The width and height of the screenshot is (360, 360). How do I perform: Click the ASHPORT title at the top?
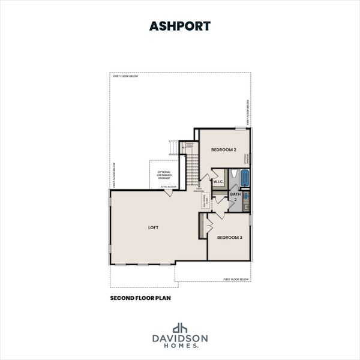click(x=179, y=26)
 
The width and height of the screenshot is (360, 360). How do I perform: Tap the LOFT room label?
click(x=153, y=227)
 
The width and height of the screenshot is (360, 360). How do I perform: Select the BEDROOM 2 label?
click(x=224, y=149)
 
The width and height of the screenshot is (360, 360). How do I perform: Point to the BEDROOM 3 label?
click(x=229, y=238)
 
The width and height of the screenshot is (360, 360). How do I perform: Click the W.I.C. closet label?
click(x=218, y=182)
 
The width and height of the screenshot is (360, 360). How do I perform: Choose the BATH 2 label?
click(x=235, y=196)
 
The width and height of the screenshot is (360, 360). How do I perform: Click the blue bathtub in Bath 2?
click(x=244, y=178)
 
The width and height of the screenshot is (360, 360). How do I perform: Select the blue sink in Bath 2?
click(x=246, y=196)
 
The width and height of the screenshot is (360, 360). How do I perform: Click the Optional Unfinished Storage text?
click(x=164, y=174)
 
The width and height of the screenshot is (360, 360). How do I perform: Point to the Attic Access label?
click(x=168, y=187)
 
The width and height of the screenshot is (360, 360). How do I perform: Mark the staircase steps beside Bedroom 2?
click(x=190, y=168)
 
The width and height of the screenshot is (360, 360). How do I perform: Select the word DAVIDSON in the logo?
click(x=179, y=338)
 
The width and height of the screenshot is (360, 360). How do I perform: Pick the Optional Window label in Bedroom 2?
click(x=246, y=158)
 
